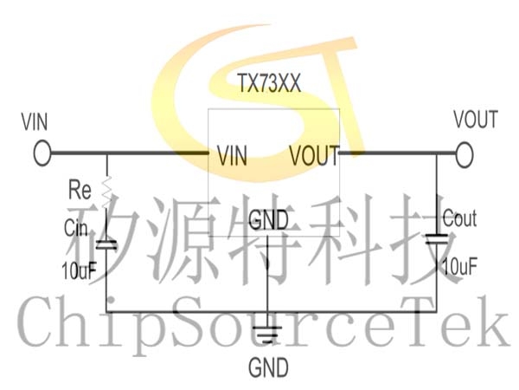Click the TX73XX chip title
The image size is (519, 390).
[x=269, y=83]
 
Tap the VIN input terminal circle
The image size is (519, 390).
[x=42, y=153]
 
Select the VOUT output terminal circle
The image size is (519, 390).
[x=464, y=154]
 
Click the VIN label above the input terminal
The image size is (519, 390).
[x=35, y=121]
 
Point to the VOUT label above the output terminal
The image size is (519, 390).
[x=476, y=120]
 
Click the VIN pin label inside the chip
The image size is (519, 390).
[x=233, y=156]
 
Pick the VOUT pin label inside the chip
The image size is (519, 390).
[x=314, y=155]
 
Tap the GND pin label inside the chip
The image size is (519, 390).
[x=268, y=220]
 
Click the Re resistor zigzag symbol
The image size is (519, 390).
[x=106, y=192]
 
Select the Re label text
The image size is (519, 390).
[x=80, y=190]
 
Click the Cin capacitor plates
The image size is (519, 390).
[x=106, y=245]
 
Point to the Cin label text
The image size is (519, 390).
[x=76, y=228]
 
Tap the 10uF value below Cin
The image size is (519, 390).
[x=79, y=271]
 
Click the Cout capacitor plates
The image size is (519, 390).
[x=437, y=239]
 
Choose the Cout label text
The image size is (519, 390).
[x=460, y=218]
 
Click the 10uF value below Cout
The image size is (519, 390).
[x=460, y=267]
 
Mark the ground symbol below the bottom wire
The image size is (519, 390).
[x=267, y=335]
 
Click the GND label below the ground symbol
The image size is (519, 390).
[x=268, y=367]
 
